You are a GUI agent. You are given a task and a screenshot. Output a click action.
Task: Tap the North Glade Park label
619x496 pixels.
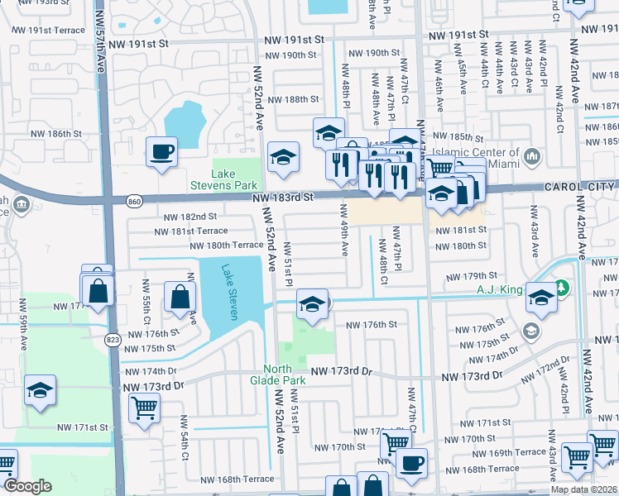[x=285, y=374]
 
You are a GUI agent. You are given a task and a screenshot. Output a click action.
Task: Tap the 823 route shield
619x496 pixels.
[x=113, y=339]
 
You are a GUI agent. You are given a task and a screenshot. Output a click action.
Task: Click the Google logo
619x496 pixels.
[x=27, y=487]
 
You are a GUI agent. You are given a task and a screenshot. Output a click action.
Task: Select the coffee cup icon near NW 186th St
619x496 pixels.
[x=161, y=151]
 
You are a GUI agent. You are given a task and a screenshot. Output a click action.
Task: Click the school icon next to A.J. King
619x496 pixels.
[x=541, y=296]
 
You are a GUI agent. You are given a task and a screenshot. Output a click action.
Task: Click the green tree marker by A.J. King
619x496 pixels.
[x=563, y=289]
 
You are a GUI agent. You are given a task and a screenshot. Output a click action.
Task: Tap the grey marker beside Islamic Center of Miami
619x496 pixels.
[x=531, y=156]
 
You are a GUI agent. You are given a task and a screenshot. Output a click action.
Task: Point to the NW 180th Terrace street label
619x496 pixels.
[x=226, y=246]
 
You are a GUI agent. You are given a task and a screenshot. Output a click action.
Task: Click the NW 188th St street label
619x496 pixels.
[x=298, y=99]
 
